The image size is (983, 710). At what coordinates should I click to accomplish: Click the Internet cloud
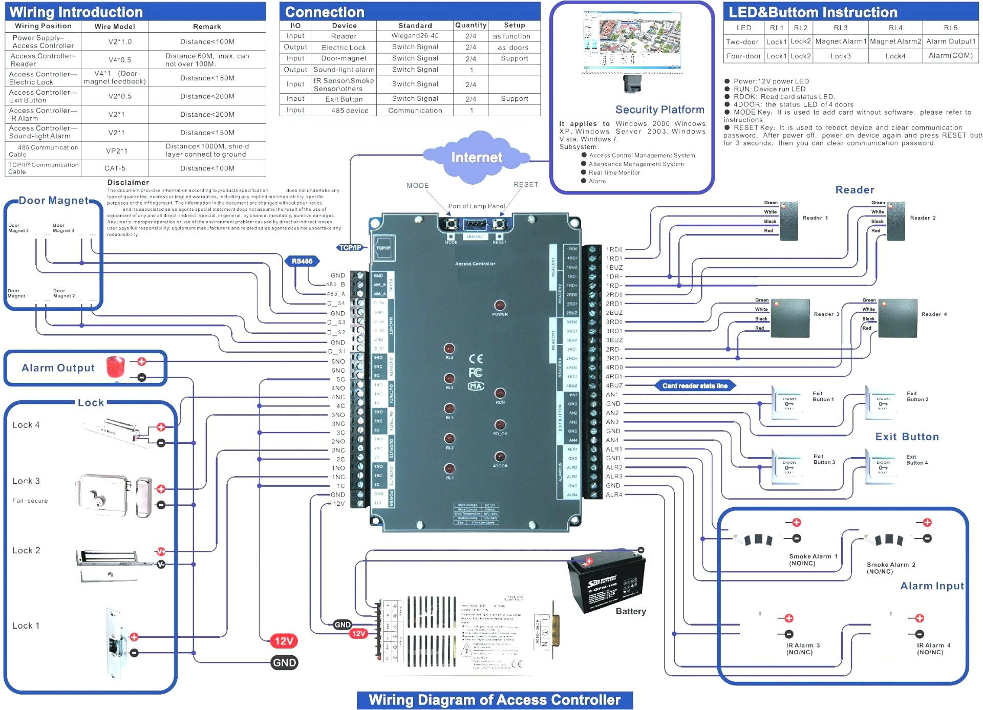coord(476,157)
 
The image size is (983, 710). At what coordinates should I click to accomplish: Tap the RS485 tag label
coord(302,261)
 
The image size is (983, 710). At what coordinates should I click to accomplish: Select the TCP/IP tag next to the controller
coord(351,248)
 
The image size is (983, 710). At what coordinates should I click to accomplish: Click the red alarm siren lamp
coord(116,368)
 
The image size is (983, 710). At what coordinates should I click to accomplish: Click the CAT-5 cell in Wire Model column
coord(115,168)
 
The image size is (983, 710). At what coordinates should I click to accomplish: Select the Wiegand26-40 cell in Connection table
coord(415,36)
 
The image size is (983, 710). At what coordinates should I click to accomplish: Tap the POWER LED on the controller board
coord(500,306)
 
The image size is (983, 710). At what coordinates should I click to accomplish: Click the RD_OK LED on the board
coord(500,425)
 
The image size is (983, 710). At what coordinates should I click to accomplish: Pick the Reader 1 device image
coord(788,222)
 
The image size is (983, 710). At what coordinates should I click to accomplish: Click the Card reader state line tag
coord(695,386)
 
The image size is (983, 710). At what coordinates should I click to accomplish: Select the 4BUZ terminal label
coord(614,385)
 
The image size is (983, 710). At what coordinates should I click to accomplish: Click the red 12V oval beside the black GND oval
coord(284,641)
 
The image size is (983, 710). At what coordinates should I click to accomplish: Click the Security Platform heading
coord(659,110)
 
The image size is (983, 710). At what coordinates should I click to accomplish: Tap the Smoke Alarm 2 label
coord(891,565)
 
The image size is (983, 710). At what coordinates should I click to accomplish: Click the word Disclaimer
coord(128,182)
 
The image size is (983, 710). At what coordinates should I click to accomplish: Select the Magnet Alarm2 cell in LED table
coord(895,41)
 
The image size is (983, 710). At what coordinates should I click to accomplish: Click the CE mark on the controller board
coord(476,358)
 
